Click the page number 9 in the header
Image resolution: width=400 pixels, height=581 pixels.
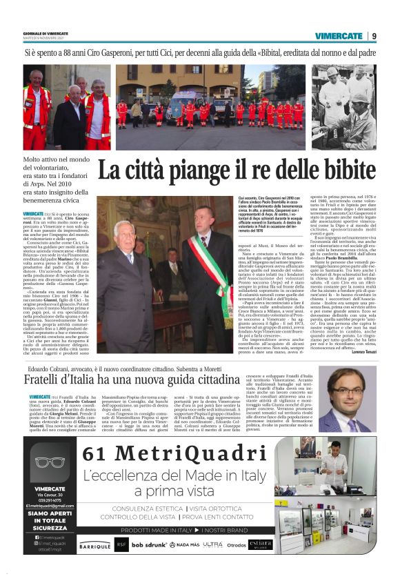[x=374, y=35]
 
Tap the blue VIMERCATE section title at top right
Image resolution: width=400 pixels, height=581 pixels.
[x=340, y=35]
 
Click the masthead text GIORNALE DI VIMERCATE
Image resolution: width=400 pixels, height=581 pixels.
[x=48, y=33]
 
